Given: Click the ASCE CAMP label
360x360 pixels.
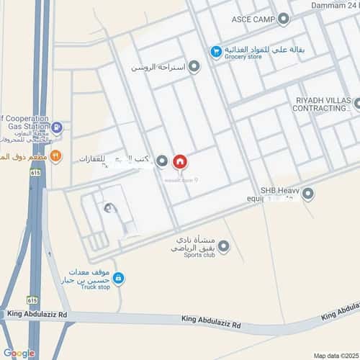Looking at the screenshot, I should point(253,19).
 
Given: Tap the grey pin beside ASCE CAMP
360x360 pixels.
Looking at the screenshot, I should point(284,19).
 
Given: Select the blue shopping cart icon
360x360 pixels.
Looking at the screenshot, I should point(215,51).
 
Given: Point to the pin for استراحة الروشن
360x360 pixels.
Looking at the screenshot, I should point(194,67).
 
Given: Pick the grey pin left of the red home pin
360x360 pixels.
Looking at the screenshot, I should point(161,161).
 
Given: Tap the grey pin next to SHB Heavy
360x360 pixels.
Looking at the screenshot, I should point(308,193).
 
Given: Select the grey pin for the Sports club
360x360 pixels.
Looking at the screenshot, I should point(224,247).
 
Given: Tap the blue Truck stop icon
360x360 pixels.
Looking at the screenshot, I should point(119,277).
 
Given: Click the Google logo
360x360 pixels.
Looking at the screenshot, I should point(19,353).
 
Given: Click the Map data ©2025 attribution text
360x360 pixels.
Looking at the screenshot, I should point(336,355).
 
